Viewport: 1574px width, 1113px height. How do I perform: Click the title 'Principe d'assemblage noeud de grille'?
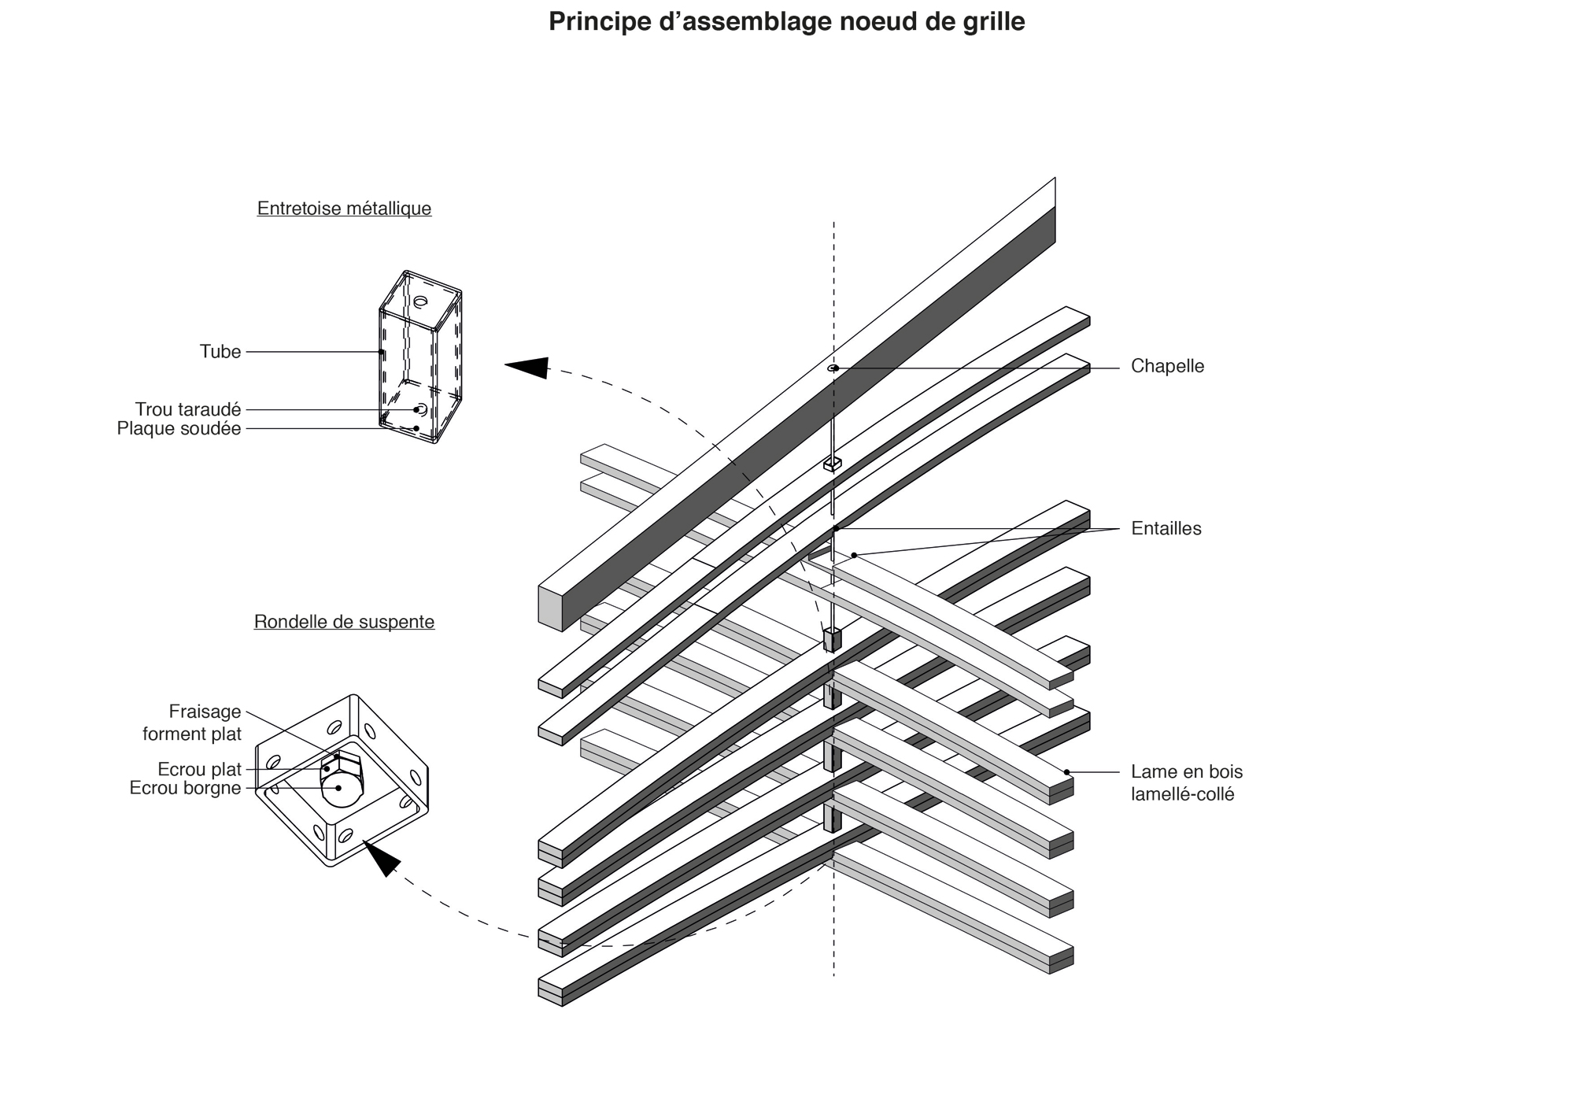tap(786, 22)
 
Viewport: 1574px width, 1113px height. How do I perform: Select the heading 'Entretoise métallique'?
tap(344, 209)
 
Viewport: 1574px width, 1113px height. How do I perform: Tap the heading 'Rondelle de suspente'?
tap(344, 622)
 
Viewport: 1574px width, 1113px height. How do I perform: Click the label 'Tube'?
tap(220, 352)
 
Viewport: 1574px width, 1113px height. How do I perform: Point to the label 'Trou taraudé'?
tap(188, 409)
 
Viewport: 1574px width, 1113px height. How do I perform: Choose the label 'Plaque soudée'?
tap(179, 428)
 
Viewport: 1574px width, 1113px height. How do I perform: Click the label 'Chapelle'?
tap(1167, 366)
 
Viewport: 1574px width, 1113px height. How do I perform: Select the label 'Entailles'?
tap(1166, 528)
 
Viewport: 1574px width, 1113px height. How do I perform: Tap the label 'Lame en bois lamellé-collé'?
tap(1187, 782)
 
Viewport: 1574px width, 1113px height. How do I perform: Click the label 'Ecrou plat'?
tap(200, 769)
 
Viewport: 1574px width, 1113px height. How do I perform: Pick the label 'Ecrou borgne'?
tap(186, 788)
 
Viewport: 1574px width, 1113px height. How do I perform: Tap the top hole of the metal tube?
tap(421, 301)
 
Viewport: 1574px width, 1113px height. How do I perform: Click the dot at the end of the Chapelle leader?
tap(836, 368)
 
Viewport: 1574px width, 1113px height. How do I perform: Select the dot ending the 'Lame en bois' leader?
tap(1067, 771)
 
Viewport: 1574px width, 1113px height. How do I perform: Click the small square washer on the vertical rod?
tap(833, 464)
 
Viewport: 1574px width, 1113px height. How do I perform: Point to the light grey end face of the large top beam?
tap(550, 605)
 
